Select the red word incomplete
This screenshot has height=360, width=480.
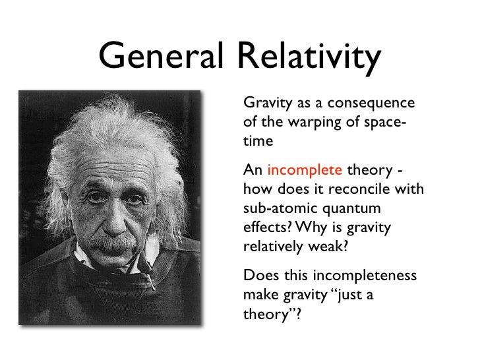coord(304,170)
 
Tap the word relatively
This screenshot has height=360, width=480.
coord(273,247)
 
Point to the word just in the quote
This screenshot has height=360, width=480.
coord(342,294)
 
